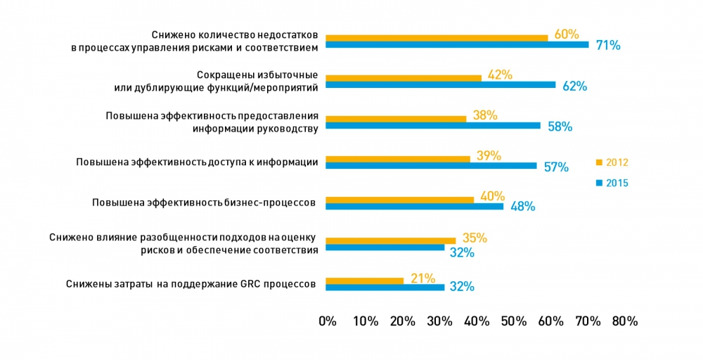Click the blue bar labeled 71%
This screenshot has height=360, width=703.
click(457, 45)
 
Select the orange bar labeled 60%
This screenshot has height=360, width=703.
click(437, 37)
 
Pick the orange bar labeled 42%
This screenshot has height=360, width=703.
click(404, 77)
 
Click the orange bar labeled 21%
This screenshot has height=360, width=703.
click(364, 281)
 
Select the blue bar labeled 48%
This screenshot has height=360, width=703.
click(415, 207)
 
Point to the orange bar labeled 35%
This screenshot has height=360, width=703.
click(391, 240)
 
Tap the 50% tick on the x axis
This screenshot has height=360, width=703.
click(514, 321)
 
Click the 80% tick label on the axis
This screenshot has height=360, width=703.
click(625, 321)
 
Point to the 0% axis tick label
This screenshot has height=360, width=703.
click(328, 321)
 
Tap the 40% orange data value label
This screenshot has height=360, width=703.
click(492, 196)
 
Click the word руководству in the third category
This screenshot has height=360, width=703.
click(288, 129)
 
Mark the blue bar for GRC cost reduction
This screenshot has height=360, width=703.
click(385, 288)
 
